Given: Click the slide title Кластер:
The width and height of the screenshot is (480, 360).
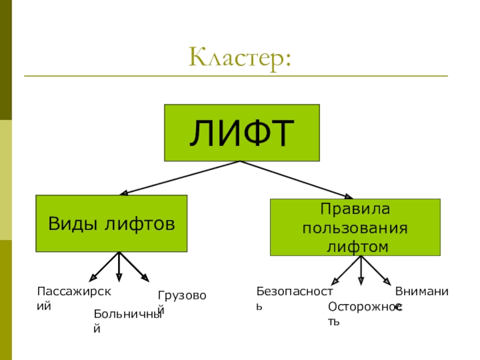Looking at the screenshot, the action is [x=240, y=58].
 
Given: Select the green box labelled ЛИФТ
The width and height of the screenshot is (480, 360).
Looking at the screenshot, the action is [x=241, y=133].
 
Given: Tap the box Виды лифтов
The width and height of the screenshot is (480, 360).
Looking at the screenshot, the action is [x=112, y=223].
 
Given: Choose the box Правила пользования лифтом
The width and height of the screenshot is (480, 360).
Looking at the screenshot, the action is [x=355, y=228].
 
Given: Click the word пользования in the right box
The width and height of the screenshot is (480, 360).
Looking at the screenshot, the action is [x=355, y=229].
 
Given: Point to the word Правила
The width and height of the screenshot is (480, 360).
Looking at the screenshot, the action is [x=355, y=210].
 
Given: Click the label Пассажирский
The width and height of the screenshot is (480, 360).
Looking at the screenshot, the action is [x=74, y=298].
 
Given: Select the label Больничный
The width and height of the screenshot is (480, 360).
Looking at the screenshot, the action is [x=128, y=320].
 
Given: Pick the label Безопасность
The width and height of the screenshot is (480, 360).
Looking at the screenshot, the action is [x=294, y=298].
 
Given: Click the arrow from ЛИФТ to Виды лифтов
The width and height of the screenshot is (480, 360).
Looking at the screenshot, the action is [x=180, y=178].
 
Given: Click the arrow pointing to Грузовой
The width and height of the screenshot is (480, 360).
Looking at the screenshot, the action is [x=134, y=266].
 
